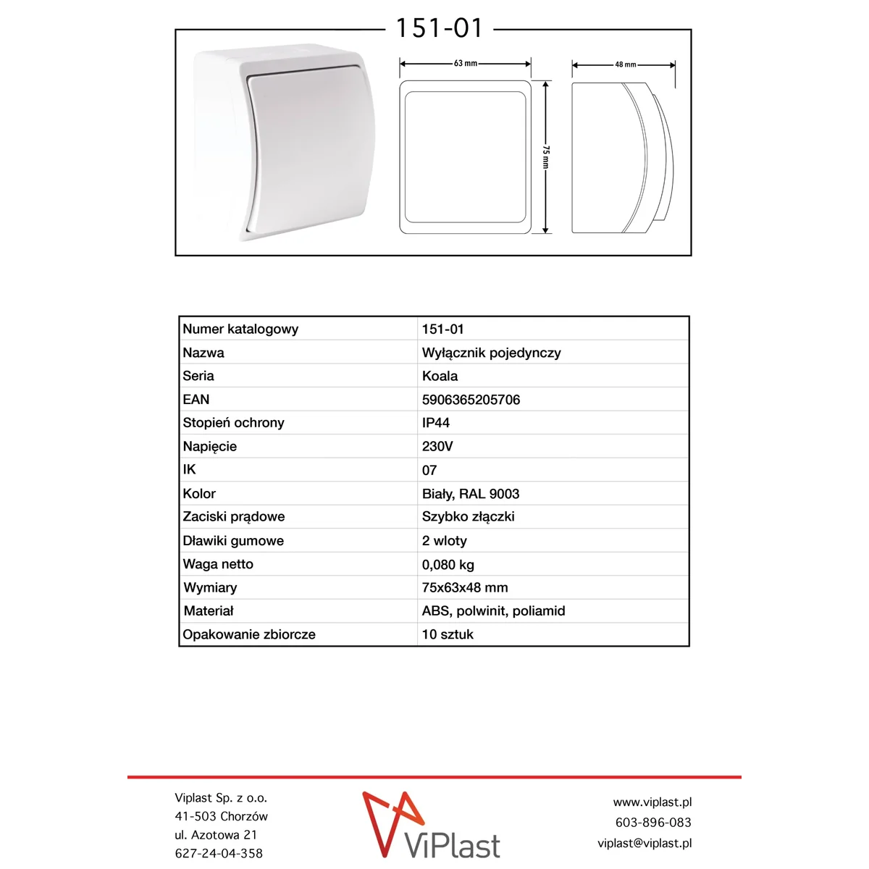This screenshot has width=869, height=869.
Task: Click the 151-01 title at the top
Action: [x=439, y=28]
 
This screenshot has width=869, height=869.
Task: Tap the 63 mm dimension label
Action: [x=465, y=64]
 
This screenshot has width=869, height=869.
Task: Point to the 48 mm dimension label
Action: [x=626, y=64]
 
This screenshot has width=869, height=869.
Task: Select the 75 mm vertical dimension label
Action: [x=546, y=157]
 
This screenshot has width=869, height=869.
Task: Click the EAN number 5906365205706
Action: [x=471, y=400]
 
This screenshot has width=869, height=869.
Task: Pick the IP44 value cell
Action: [x=436, y=423]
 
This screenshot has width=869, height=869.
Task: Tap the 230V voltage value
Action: [x=437, y=446]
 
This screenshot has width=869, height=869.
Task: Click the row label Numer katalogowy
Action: [x=240, y=329]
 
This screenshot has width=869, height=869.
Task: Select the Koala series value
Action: [x=440, y=376]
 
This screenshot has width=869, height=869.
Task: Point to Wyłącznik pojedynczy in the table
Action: [x=491, y=353]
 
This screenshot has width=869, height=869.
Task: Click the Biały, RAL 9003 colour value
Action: [x=471, y=494]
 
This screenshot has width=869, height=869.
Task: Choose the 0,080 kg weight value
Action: [x=448, y=565]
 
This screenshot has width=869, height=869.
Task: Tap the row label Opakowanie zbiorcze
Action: [x=249, y=634]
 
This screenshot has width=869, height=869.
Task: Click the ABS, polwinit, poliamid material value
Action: [x=493, y=611]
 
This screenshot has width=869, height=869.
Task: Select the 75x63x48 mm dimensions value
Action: [x=465, y=588]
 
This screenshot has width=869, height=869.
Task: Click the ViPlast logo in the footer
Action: [x=432, y=826]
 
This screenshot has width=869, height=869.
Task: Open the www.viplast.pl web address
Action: [x=652, y=802]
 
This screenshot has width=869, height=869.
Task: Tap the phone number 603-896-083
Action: [x=653, y=823]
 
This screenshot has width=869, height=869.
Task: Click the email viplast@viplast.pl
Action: [x=645, y=843]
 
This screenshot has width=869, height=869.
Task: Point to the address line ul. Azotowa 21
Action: [x=216, y=835]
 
